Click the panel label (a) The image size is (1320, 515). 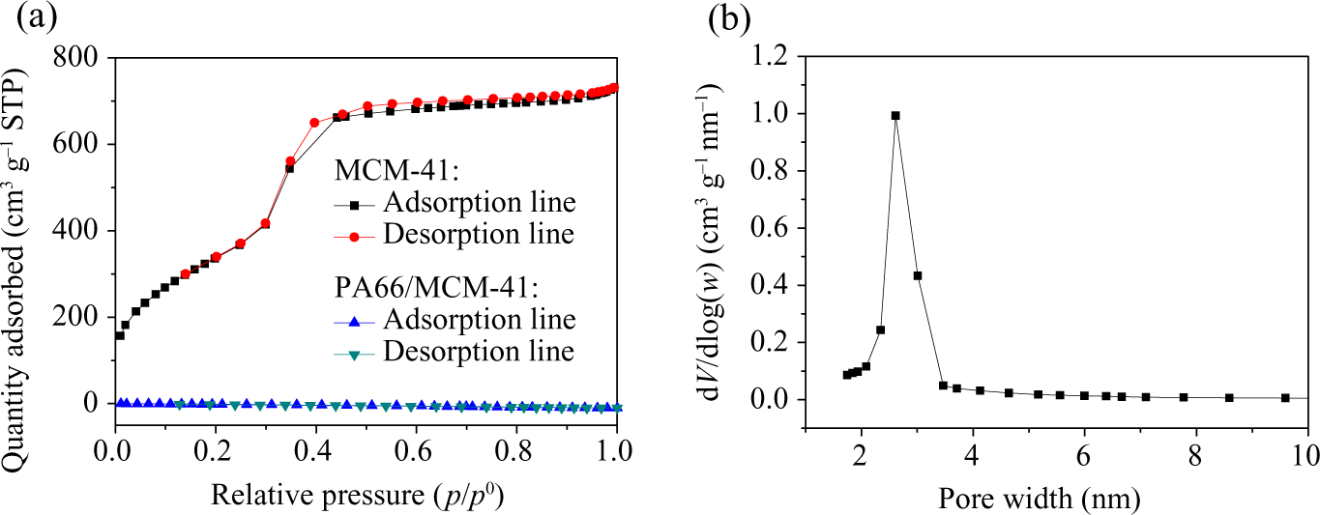[37, 17]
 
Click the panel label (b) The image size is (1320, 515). [729, 17]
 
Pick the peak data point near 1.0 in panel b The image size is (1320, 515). [895, 115]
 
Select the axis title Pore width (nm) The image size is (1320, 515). [1040, 498]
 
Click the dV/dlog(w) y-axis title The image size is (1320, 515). [711, 242]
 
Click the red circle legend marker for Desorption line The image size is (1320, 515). [354, 237]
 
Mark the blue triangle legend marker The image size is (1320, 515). [354, 322]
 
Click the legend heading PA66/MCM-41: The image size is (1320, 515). [437, 288]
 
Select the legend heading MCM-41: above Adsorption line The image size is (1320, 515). [396, 171]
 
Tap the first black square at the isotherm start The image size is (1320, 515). [120, 335]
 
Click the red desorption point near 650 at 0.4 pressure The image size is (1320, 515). [314, 123]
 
